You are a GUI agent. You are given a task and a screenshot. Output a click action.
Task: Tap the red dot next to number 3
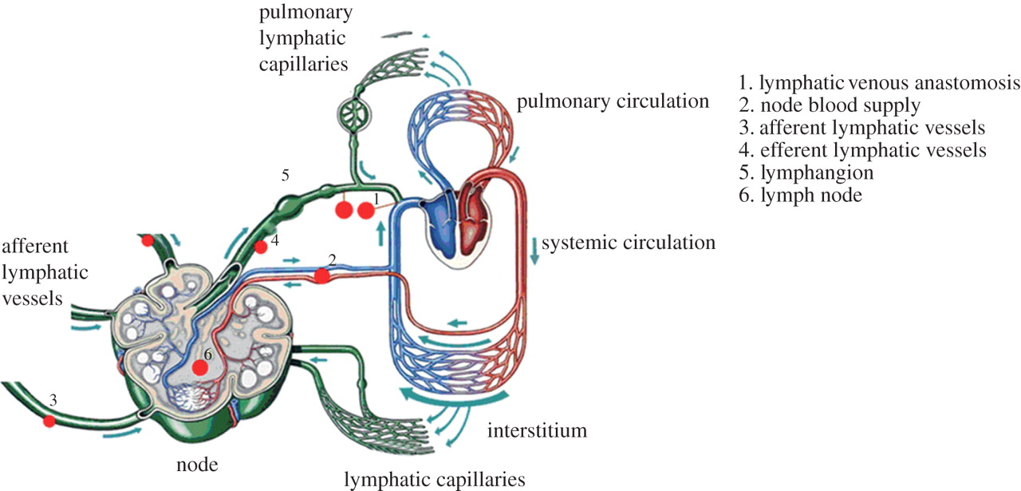point(49,420)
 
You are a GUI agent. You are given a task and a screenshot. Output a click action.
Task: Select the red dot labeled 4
point(260,247)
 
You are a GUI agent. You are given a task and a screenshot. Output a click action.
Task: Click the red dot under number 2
point(321,276)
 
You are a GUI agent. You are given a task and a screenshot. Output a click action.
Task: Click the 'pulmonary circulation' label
point(613,101)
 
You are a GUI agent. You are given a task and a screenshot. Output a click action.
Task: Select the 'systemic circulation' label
point(629,242)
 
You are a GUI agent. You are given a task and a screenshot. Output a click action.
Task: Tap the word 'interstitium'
point(537,431)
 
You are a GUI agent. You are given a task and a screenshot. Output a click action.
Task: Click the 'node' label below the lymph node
point(199,464)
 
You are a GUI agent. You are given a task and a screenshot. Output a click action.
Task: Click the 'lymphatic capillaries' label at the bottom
point(435,479)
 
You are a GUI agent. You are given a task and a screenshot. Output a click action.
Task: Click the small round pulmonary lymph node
point(353,114)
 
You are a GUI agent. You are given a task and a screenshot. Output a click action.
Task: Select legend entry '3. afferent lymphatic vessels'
point(862,127)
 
